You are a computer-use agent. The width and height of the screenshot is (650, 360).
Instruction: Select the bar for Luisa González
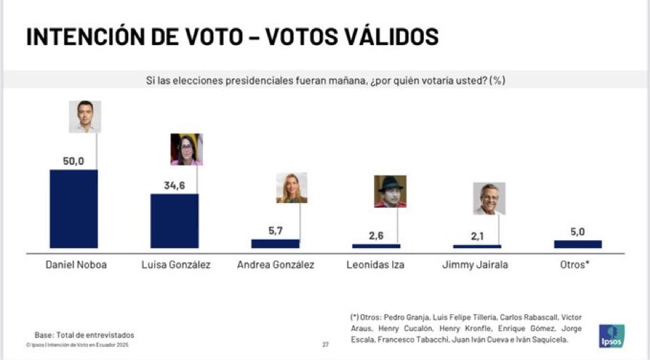click(174, 221)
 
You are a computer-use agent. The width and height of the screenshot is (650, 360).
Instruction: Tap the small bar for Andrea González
click(275, 244)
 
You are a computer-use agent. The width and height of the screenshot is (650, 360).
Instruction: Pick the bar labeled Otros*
click(577, 244)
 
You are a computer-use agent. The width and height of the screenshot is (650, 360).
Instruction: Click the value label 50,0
click(73, 161)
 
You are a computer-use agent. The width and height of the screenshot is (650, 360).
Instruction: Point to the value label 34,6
click(174, 185)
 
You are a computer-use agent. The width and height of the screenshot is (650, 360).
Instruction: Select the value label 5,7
click(275, 230)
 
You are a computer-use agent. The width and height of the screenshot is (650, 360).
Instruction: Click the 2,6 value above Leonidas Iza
click(376, 235)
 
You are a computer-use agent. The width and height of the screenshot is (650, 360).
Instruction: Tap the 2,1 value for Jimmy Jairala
click(477, 236)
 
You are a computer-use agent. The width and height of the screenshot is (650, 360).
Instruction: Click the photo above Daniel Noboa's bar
click(85, 116)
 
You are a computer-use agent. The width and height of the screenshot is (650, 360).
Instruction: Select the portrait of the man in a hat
click(389, 191)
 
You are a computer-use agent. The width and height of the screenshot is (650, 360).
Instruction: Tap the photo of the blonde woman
click(292, 187)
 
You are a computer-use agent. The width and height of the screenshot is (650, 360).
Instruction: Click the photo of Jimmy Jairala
click(489, 199)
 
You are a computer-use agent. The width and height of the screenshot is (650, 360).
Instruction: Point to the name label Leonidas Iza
click(376, 266)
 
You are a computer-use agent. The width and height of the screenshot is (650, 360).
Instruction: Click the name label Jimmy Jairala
click(477, 266)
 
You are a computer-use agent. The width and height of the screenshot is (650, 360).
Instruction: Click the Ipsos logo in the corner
click(611, 335)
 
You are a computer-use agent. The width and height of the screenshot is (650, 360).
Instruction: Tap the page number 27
click(325, 345)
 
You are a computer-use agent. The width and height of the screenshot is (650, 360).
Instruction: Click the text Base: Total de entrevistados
click(84, 335)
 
